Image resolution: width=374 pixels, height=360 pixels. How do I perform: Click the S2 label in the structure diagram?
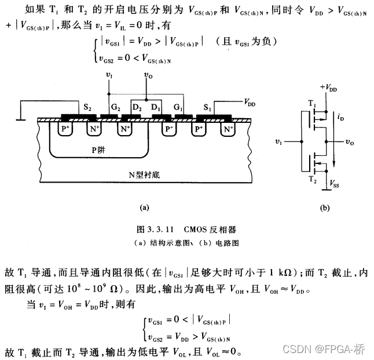[87, 107]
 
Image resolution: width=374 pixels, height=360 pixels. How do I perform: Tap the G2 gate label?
[116, 107]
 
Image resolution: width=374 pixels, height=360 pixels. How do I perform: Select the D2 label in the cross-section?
[137, 107]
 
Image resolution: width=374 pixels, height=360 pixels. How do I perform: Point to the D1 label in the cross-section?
[156, 107]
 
